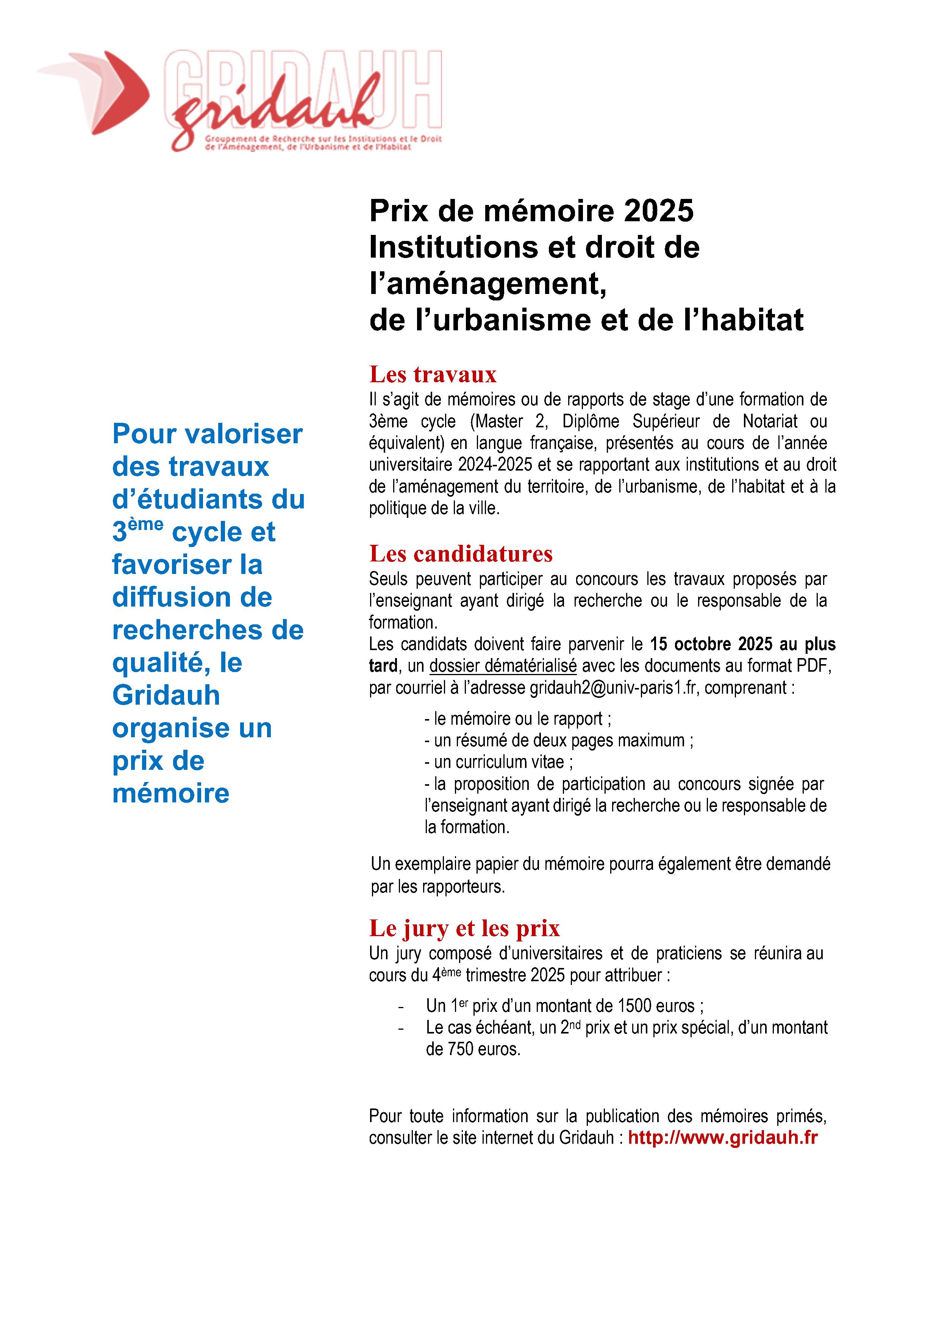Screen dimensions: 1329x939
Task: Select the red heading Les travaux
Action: click(x=433, y=375)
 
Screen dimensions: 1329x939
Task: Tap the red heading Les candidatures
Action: click(x=461, y=554)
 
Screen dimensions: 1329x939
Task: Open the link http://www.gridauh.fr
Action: click(x=723, y=1137)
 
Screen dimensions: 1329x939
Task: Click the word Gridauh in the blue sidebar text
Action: click(x=166, y=695)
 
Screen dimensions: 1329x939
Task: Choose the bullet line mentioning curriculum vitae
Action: click(x=499, y=762)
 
